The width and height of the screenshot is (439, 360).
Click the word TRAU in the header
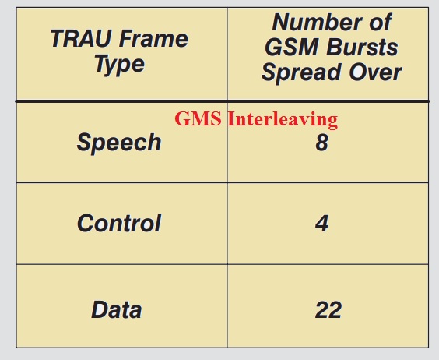tap(81, 38)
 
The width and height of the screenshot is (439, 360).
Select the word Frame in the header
tap(153, 38)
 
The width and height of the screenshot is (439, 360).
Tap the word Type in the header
tap(120, 65)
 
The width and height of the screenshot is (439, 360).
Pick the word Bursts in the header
tap(362, 47)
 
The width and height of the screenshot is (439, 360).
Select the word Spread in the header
tap(301, 72)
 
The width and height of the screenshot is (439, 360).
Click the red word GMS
tap(198, 118)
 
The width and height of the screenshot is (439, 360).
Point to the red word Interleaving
tap(283, 120)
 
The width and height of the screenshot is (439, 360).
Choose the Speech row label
tap(119, 143)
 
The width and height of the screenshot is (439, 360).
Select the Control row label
tap(119, 223)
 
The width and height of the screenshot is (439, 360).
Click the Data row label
tap(117, 309)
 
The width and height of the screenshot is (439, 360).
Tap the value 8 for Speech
tap(321, 143)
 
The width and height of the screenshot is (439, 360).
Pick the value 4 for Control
tap(321, 223)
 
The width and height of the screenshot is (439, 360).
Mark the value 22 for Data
tap(328, 309)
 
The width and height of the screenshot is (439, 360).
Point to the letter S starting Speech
tap(85, 142)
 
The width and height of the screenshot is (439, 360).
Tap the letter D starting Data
tap(100, 309)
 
